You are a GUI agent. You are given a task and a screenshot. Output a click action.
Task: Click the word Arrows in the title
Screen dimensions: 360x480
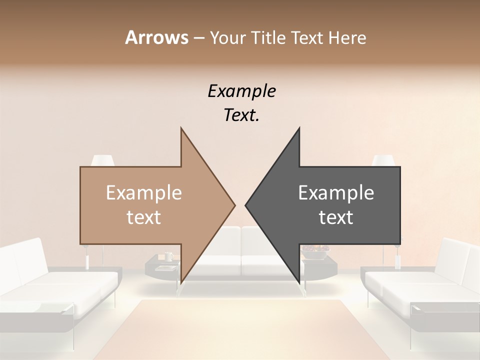point(156,37)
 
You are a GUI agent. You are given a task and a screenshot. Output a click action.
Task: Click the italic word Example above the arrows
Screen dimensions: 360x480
point(241,91)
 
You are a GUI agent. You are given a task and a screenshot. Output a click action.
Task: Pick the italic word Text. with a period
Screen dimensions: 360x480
point(241,115)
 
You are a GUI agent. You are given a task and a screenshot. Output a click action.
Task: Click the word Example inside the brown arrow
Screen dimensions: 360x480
point(143,193)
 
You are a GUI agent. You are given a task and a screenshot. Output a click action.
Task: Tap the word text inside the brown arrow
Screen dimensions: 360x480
point(143,217)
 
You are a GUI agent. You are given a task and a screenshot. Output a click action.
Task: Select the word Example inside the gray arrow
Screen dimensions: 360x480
point(336,193)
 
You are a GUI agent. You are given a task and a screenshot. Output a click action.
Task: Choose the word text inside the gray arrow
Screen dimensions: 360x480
point(336,217)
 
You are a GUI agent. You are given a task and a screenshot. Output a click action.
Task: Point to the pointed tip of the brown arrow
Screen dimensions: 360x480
point(234,205)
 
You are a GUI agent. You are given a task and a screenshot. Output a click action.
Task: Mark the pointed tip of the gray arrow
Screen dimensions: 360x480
point(246,205)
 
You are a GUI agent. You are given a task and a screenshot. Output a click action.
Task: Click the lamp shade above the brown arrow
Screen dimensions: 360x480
point(103,160)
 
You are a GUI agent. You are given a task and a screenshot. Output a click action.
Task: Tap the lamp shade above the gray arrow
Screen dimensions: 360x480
point(383,160)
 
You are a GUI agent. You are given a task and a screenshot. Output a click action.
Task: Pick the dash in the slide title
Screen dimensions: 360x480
point(198,38)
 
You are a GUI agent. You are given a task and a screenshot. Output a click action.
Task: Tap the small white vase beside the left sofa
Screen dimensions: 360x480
point(87,261)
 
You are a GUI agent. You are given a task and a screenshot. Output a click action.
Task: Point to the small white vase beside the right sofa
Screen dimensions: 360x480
point(398,261)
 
